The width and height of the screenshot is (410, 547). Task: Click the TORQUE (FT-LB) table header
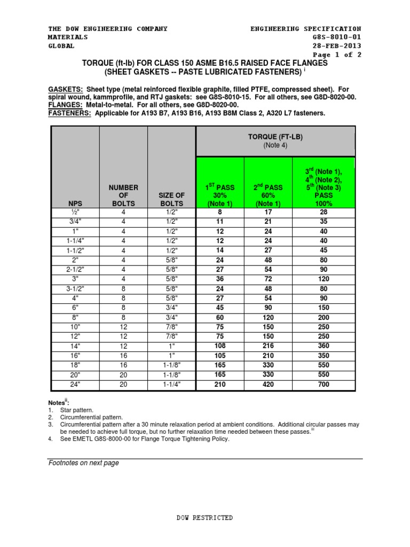click(275, 140)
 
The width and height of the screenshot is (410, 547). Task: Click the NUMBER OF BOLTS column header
click(123, 195)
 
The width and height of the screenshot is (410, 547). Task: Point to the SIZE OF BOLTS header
click(172, 199)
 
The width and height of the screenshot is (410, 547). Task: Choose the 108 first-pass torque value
click(220, 346)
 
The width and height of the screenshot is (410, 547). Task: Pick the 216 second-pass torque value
click(268, 346)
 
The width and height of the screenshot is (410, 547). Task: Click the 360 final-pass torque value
click(324, 346)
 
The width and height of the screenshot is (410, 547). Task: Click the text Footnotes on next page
click(83, 463)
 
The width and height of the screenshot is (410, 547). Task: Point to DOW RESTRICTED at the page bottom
click(204, 518)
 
